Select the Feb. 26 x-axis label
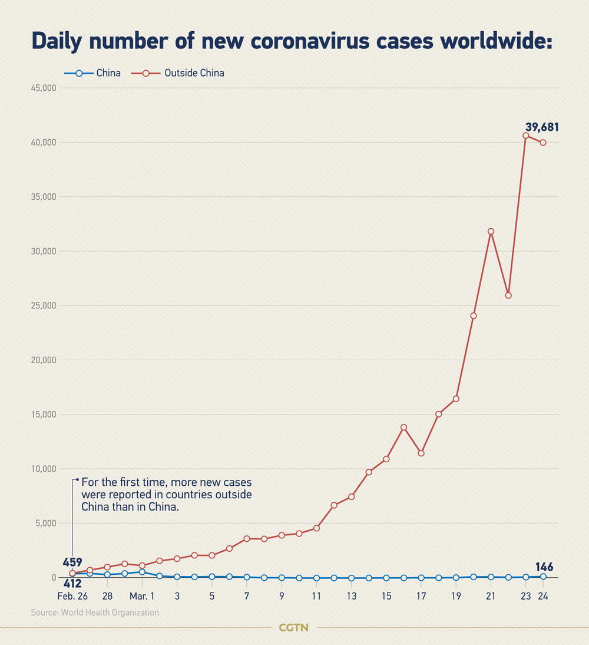[72, 596]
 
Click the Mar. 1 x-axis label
[142, 596]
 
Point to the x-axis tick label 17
[421, 596]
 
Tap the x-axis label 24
[543, 596]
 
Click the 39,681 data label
[542, 127]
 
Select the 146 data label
[544, 567]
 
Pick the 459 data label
[72, 562]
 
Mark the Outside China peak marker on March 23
[526, 136]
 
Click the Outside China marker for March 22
[508, 295]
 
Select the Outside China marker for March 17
[421, 453]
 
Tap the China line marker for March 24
[543, 577]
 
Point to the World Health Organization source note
[95, 613]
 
